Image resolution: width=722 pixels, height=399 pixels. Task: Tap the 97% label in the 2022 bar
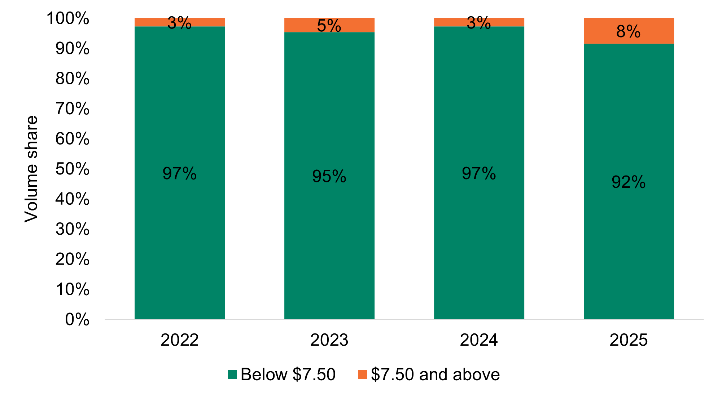[x=179, y=174]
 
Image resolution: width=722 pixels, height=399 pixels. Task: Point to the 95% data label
[x=329, y=177]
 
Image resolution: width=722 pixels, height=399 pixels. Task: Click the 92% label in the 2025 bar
[x=628, y=182]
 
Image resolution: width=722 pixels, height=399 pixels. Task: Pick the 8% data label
[x=628, y=32]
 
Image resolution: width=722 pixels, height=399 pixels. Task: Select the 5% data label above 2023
[x=329, y=26]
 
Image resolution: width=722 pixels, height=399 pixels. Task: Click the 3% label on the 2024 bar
[x=478, y=23]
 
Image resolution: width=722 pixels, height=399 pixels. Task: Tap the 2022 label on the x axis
[x=179, y=340]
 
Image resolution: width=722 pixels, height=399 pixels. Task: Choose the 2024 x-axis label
[x=478, y=340]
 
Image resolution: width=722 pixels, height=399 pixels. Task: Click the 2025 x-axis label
[x=628, y=340]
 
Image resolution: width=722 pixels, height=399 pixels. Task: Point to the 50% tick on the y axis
[x=72, y=169]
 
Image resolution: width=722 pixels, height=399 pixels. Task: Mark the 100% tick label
[x=68, y=18]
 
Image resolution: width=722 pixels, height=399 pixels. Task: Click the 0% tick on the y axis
[x=77, y=320]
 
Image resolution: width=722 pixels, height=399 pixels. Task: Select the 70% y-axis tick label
[x=72, y=109]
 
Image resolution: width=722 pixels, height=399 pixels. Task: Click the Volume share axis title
[x=31, y=169]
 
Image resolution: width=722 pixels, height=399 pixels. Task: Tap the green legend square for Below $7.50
[x=232, y=374]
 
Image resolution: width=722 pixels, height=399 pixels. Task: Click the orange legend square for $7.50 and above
[x=362, y=374]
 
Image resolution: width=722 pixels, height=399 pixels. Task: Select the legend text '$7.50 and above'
[x=435, y=374]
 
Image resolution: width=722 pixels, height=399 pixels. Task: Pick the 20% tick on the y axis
[x=72, y=260]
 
